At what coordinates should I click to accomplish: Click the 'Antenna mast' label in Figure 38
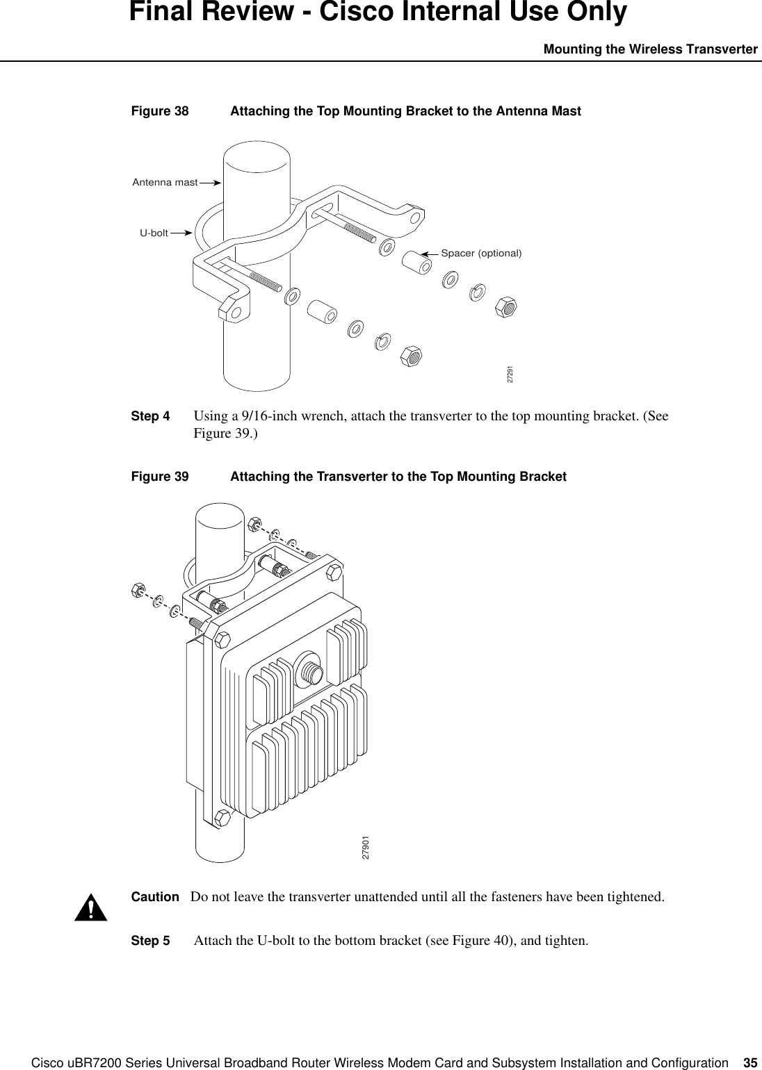click(x=165, y=182)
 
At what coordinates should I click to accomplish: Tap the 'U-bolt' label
click(x=154, y=233)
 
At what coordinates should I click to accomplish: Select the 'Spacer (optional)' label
click(x=481, y=253)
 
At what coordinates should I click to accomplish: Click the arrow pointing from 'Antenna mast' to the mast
click(x=209, y=182)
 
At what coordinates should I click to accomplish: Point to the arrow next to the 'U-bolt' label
click(x=181, y=233)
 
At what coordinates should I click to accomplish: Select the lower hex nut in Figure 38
click(x=412, y=356)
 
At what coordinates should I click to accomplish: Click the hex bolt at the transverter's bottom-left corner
click(x=223, y=816)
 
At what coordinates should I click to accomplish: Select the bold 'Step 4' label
click(x=150, y=417)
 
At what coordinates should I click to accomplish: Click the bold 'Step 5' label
click(x=150, y=941)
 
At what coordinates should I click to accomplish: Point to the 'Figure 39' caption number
click(x=160, y=477)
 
